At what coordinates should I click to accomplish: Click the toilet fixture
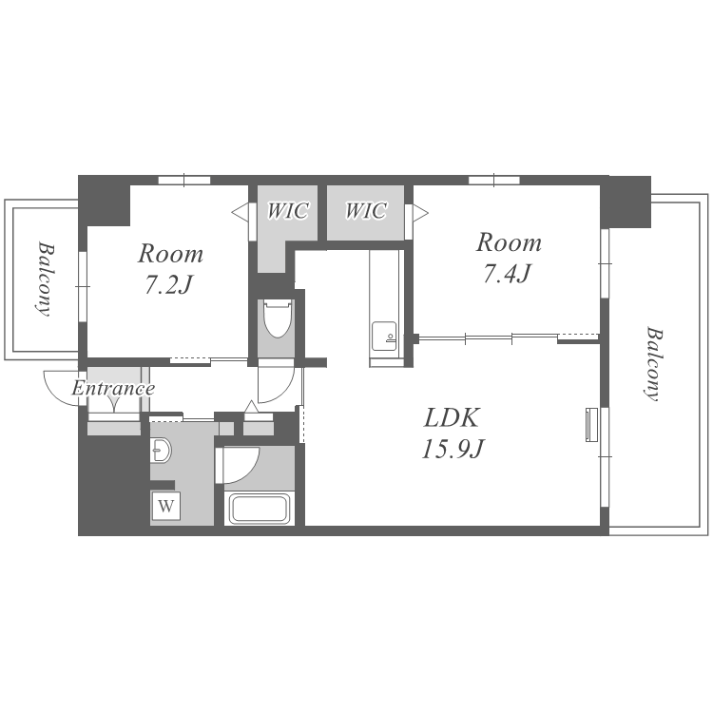pyautogui.click(x=277, y=318)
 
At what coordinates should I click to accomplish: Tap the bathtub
pyautogui.click(x=260, y=509)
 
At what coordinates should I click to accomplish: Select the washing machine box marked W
pyautogui.click(x=166, y=505)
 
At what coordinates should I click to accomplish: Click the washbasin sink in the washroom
pyautogui.click(x=160, y=451)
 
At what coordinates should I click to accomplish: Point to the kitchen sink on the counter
pyautogui.click(x=384, y=336)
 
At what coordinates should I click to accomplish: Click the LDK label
pyautogui.click(x=451, y=418)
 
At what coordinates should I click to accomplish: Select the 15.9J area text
pyautogui.click(x=452, y=450)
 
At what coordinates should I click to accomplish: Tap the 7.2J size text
pyautogui.click(x=169, y=284)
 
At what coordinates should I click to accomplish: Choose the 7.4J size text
pyautogui.click(x=507, y=273)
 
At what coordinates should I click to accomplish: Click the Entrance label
pyautogui.click(x=113, y=388)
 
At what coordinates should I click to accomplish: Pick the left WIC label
pyautogui.click(x=287, y=211)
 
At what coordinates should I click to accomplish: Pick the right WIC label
pyautogui.click(x=366, y=211)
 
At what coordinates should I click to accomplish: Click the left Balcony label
pyautogui.click(x=46, y=279)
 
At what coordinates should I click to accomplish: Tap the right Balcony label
pyautogui.click(x=653, y=364)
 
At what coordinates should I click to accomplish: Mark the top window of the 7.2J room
pyautogui.click(x=184, y=180)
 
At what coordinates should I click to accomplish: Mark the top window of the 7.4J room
pyautogui.click(x=494, y=180)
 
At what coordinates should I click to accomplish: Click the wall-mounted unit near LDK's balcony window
pyautogui.click(x=591, y=424)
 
